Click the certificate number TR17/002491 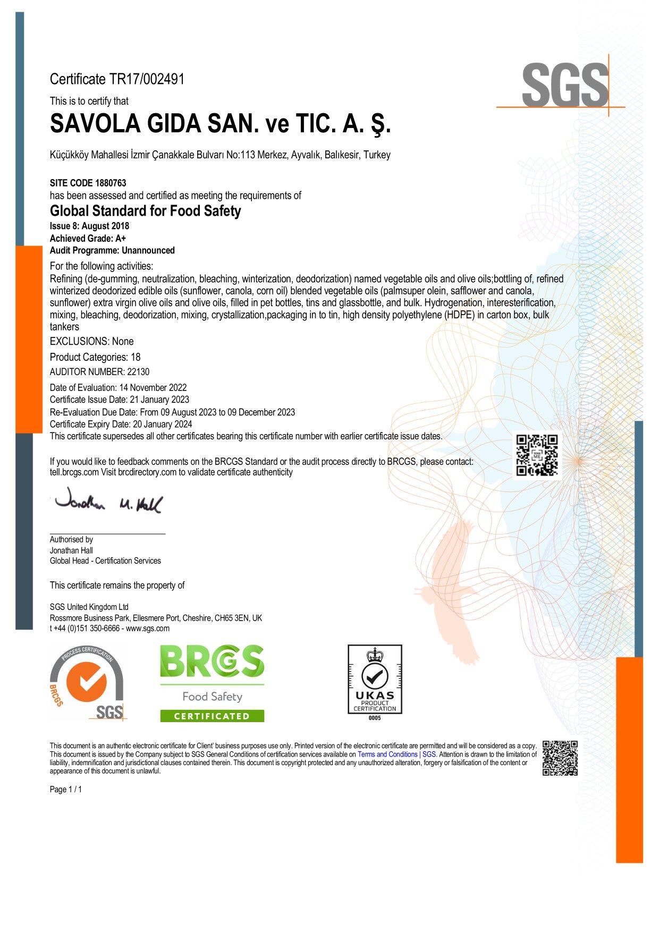click(147, 79)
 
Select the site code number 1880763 click(111, 183)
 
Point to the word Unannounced click(148, 250)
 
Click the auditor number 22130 click(138, 372)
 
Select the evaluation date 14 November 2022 click(153, 388)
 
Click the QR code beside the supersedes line click(537, 455)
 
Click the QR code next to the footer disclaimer click(560, 758)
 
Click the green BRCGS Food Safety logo click(212, 683)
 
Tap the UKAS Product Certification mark click(375, 680)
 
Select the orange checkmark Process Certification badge click(87, 683)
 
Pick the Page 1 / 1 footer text click(66, 790)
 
